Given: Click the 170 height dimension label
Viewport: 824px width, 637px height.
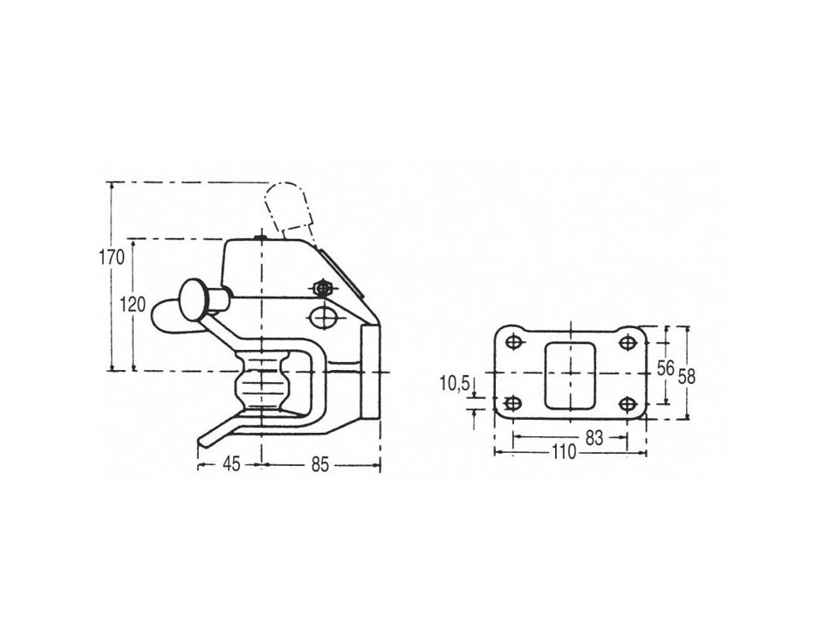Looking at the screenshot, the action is click(x=112, y=257).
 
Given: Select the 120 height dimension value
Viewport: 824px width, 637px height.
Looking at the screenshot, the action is click(x=133, y=304).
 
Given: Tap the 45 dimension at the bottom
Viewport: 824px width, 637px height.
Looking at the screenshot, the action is click(x=231, y=463).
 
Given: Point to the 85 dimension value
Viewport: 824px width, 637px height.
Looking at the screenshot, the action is click(x=319, y=464).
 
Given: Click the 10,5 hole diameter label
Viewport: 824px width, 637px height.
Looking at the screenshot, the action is click(x=455, y=384).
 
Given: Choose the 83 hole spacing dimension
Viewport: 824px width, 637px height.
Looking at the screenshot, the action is click(x=594, y=437).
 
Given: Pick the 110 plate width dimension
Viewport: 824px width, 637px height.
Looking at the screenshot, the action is click(x=564, y=452).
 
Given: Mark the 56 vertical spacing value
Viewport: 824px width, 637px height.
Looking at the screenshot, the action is click(x=665, y=368).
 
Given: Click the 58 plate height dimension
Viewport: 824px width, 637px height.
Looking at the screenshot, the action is click(x=686, y=376).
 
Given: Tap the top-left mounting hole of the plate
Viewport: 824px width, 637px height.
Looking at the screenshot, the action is click(x=513, y=342).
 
